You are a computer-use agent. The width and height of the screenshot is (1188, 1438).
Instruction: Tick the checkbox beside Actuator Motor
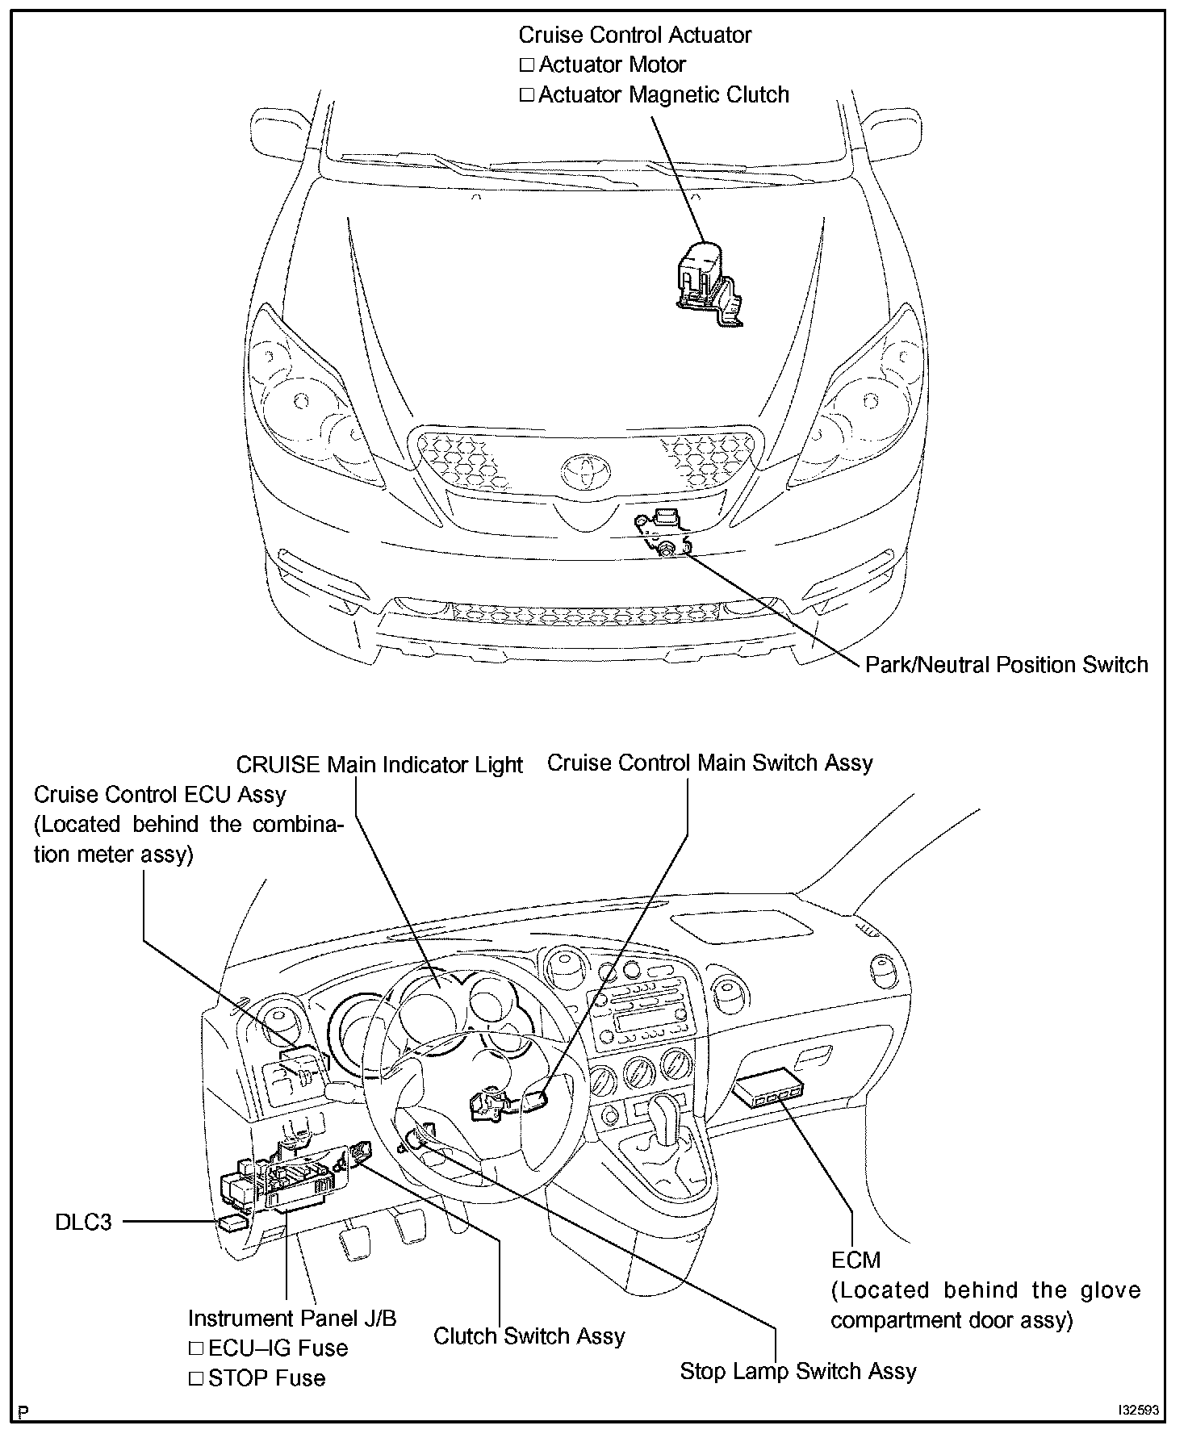(527, 65)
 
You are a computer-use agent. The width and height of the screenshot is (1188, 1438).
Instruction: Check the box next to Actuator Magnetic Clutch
(527, 95)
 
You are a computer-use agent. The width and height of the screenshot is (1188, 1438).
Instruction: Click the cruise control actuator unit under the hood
(706, 278)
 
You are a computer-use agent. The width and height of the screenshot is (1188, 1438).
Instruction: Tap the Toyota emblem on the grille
(586, 472)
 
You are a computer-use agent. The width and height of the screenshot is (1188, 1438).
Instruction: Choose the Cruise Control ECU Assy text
(160, 795)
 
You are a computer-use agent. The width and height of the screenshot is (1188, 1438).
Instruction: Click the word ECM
(855, 1260)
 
